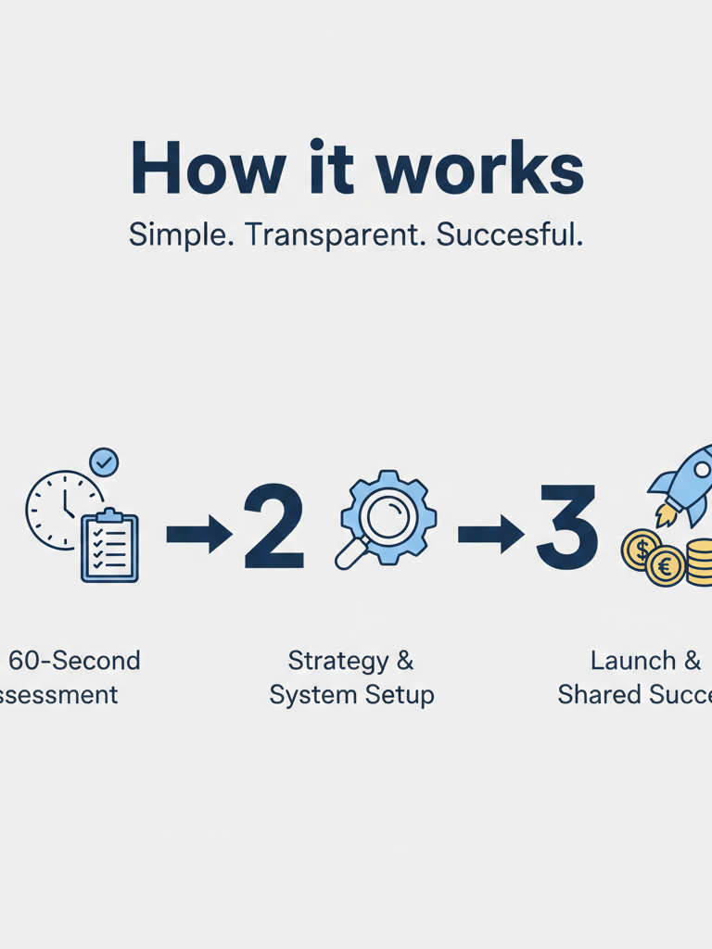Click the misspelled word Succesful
[x=510, y=235]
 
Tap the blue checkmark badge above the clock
[x=104, y=461]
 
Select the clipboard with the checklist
[x=109, y=547]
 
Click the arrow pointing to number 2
[x=198, y=535]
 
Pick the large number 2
[x=273, y=528]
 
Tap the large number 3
[x=567, y=528]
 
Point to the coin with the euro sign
[x=666, y=566]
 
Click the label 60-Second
[x=74, y=661]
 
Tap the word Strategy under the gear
[x=337, y=661]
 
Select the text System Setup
[x=351, y=694]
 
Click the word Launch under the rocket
[x=632, y=661]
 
